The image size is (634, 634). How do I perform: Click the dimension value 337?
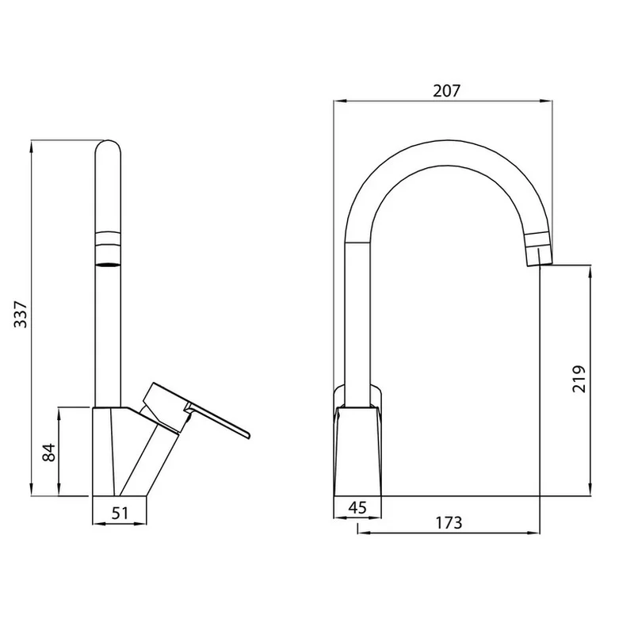(21, 314)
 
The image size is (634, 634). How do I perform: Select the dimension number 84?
(49, 453)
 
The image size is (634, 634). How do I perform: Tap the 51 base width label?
(120, 513)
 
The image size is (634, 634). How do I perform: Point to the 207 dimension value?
(447, 91)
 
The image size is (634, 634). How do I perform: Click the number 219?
(579, 379)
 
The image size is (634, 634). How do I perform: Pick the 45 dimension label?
(357, 507)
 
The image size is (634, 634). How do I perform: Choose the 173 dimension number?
(449, 523)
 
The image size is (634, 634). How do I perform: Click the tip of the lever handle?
(248, 435)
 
